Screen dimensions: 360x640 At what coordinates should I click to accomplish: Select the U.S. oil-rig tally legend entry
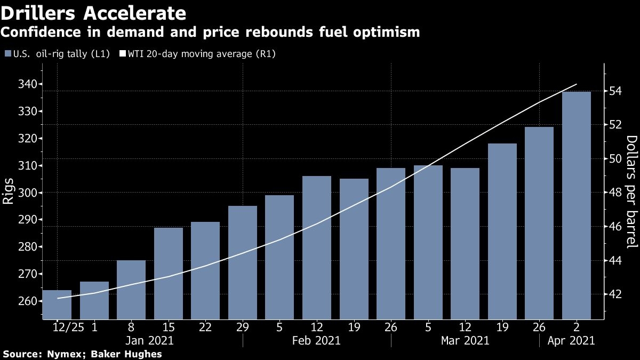point(59,54)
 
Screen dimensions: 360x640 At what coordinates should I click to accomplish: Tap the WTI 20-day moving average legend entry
point(201,54)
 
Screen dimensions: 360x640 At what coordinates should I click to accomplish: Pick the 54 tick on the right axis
point(615,91)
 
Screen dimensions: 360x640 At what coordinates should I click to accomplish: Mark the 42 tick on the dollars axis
point(615,294)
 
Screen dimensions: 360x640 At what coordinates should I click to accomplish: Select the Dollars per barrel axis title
point(631,192)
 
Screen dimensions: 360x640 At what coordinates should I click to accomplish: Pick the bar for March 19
point(502,231)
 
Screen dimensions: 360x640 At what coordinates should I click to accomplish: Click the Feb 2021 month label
point(317,340)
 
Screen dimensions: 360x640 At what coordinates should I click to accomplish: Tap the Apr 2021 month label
point(571,340)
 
